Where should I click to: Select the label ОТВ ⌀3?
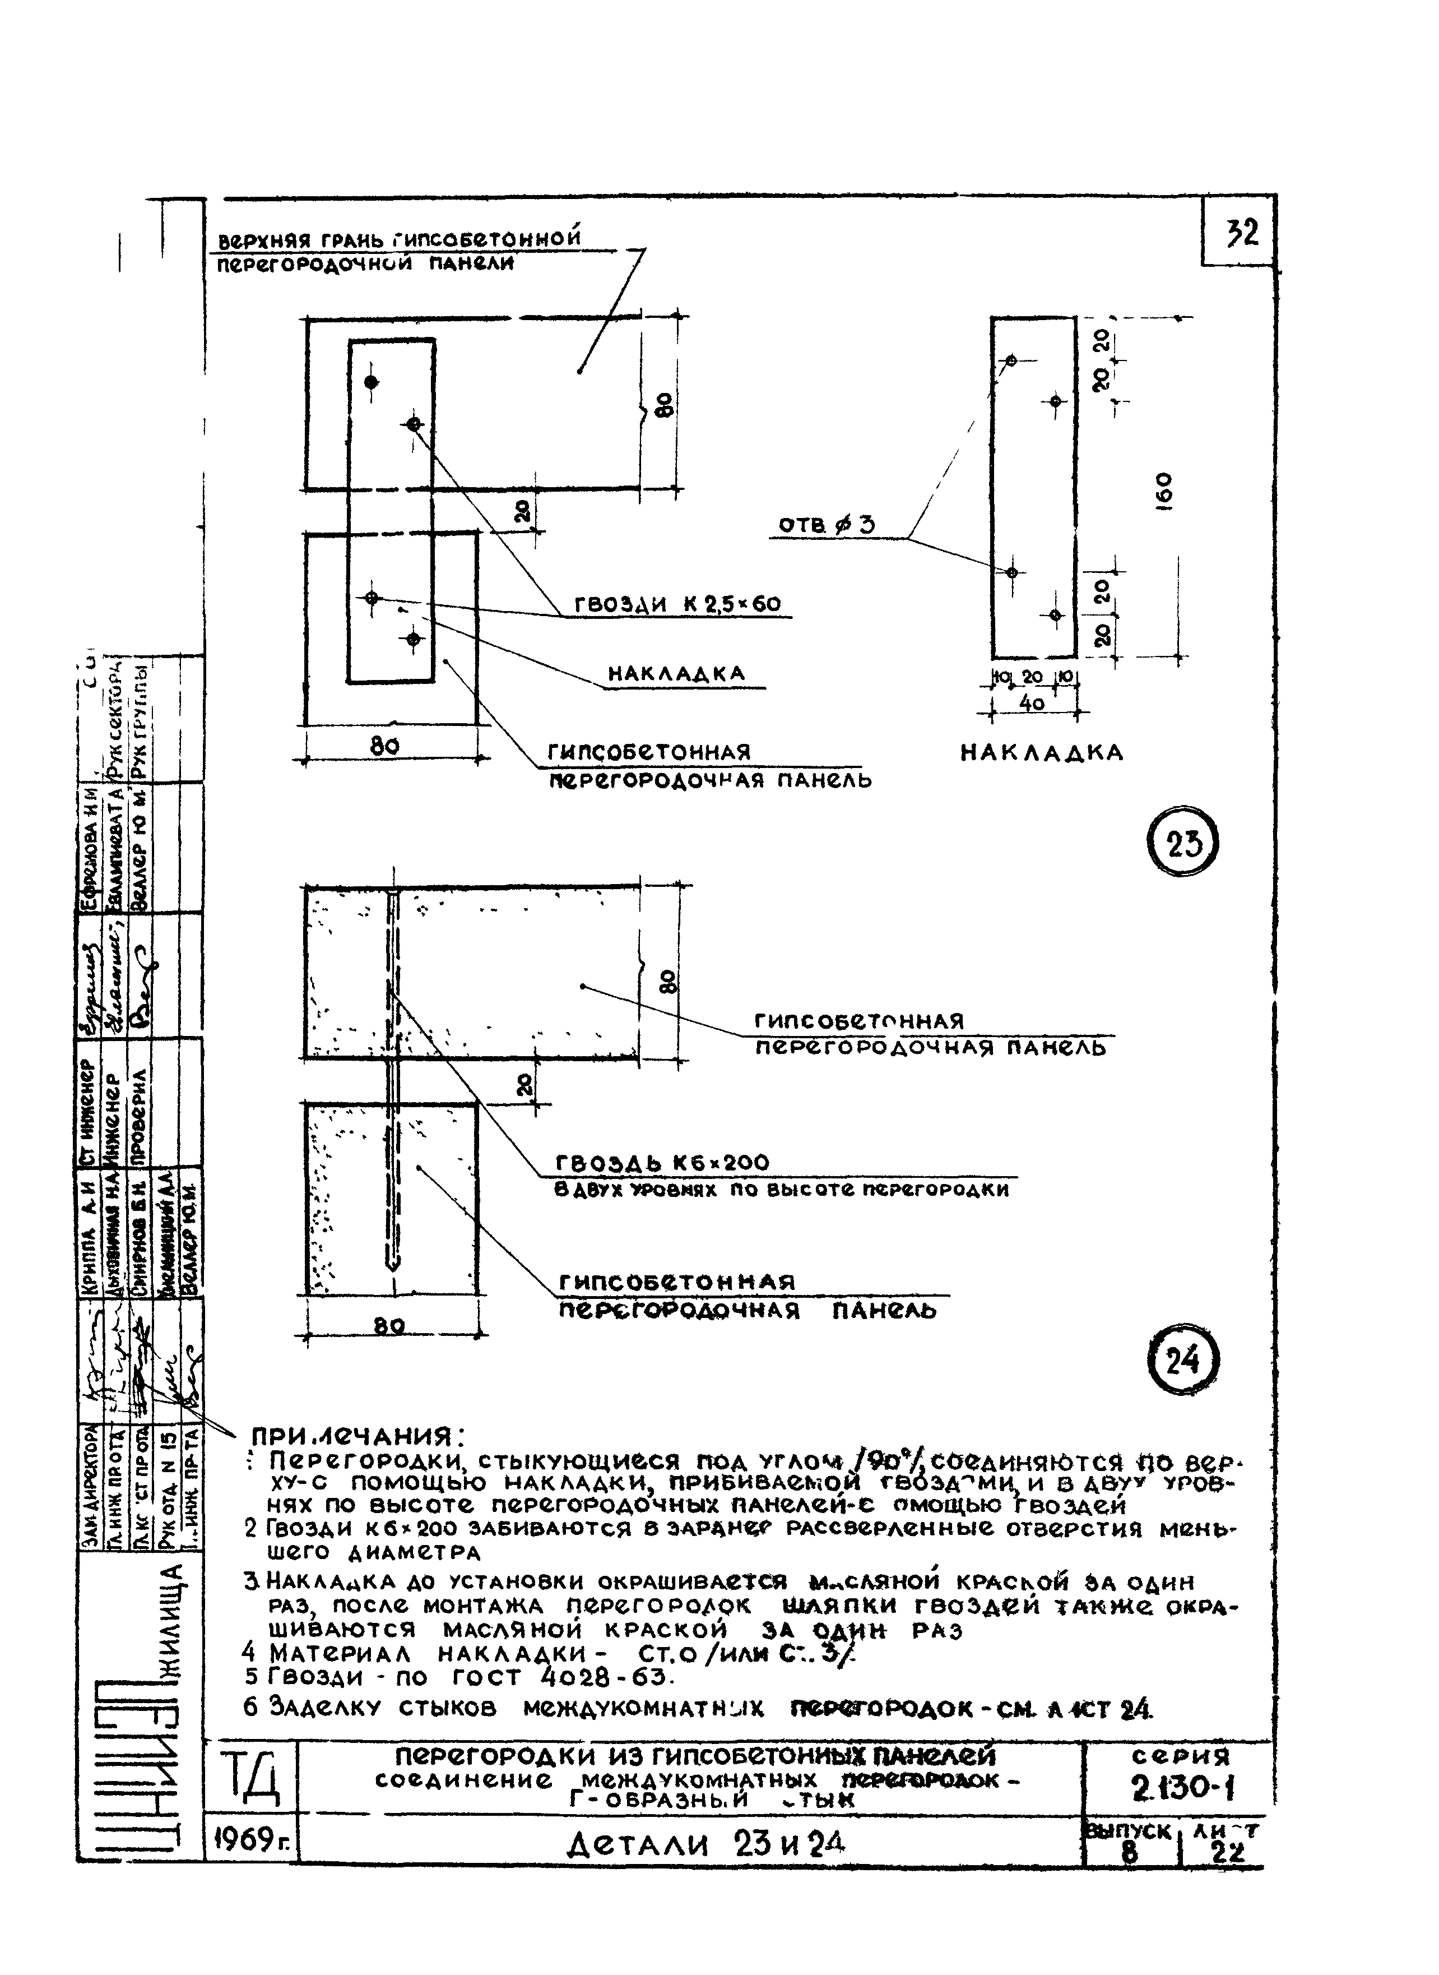827,525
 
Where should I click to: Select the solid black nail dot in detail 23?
371,382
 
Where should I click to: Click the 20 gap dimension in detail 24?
523,1084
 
